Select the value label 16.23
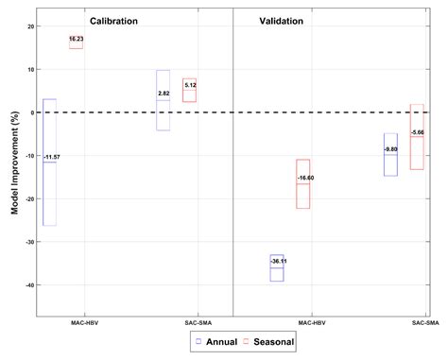tap(77, 40)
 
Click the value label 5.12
tap(189, 85)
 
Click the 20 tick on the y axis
tap(30, 26)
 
